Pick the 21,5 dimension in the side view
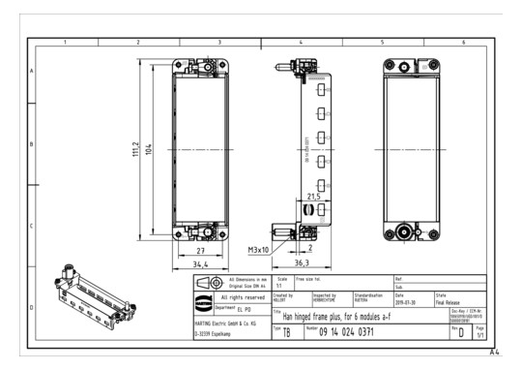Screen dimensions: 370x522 (x=312, y=196)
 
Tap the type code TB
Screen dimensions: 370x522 (x=286, y=334)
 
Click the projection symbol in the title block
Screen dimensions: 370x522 (x=206, y=283)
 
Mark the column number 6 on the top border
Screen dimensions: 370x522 (x=462, y=44)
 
